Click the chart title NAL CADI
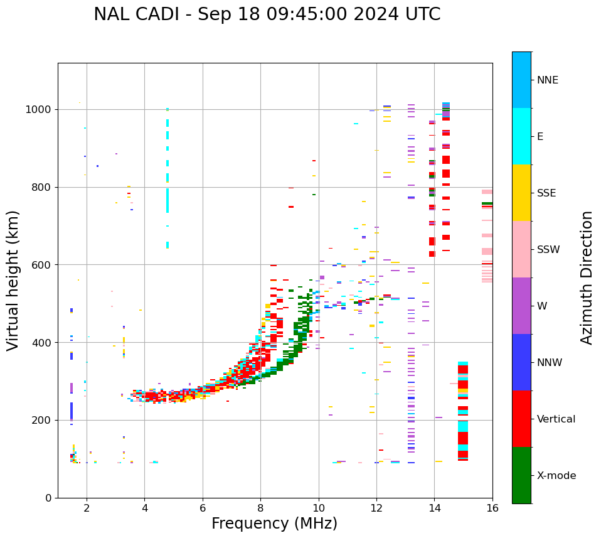click(x=267, y=14)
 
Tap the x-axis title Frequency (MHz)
click(x=274, y=524)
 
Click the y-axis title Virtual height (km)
click(x=13, y=280)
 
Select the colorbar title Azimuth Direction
click(x=587, y=277)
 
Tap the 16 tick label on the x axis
click(x=492, y=508)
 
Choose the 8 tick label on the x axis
click(x=260, y=508)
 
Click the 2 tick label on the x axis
click(x=87, y=508)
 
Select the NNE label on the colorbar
click(x=547, y=80)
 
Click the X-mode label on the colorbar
click(x=556, y=476)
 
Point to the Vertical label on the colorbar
click(x=556, y=419)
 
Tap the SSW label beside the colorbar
click(x=548, y=250)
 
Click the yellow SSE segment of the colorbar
click(x=521, y=193)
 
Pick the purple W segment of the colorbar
click(x=521, y=306)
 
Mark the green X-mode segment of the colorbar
click(x=521, y=475)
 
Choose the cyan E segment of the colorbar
click(x=521, y=136)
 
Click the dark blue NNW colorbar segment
click(x=521, y=362)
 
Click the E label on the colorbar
click(x=540, y=137)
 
